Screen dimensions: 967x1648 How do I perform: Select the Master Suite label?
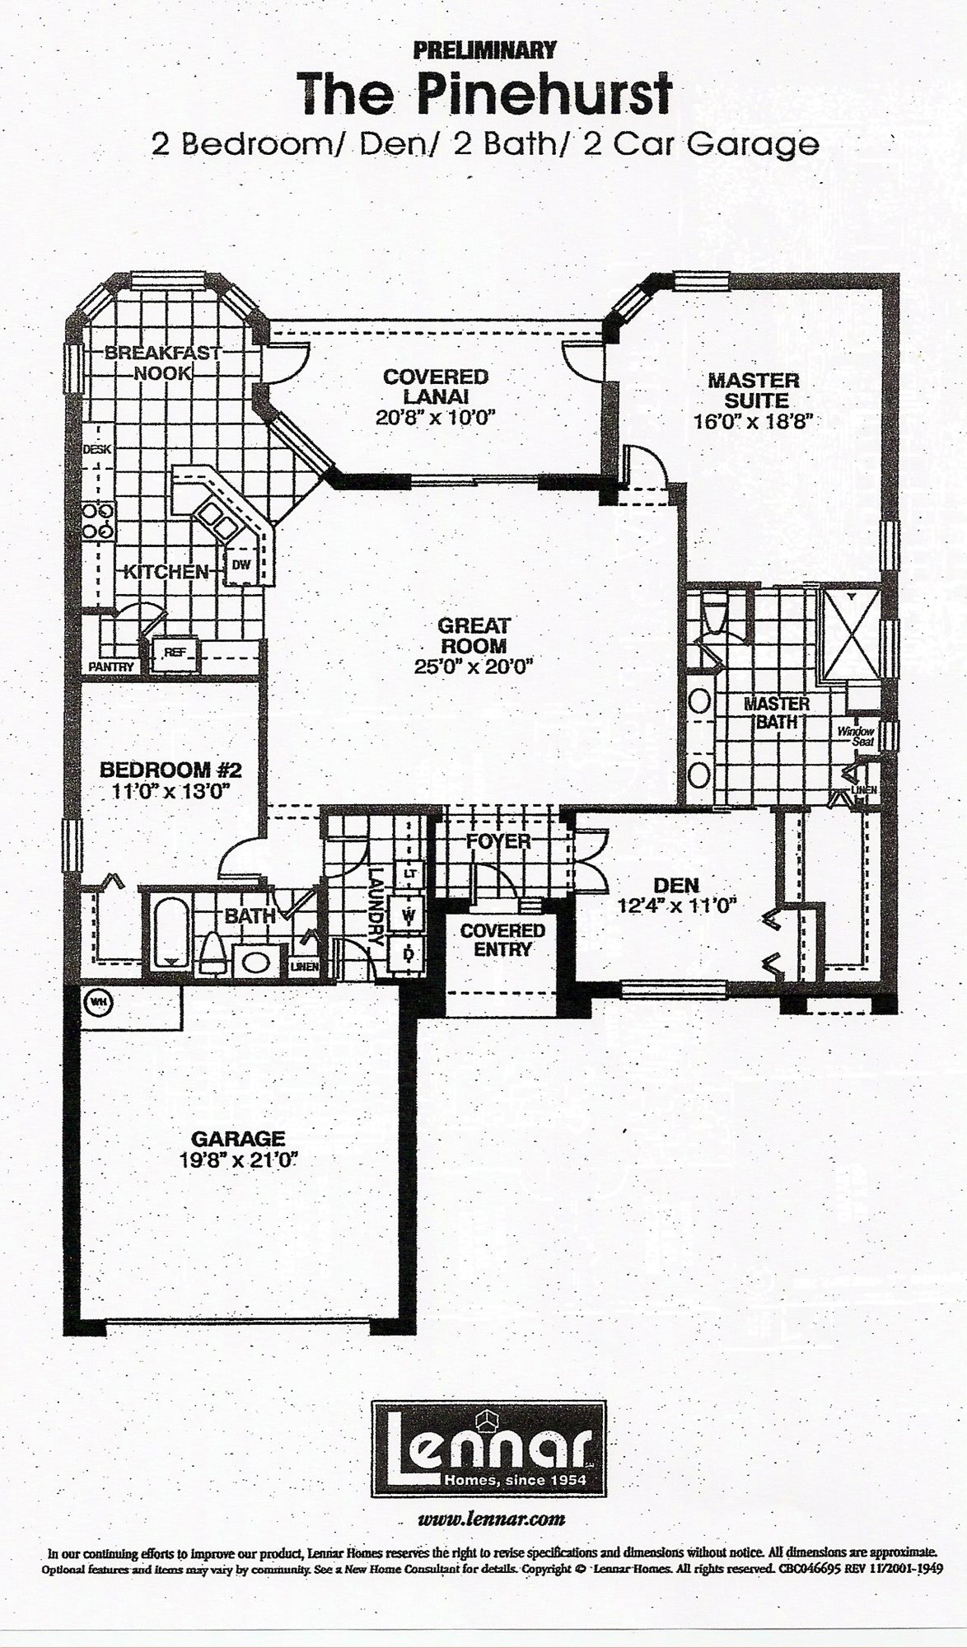(754, 391)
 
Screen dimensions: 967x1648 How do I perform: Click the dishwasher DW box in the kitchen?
(241, 564)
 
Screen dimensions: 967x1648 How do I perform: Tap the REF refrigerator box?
(174, 653)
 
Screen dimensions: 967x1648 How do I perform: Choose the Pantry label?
(112, 667)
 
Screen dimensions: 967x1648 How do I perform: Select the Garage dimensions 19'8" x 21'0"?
(238, 1159)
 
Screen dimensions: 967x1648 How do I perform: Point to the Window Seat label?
(856, 735)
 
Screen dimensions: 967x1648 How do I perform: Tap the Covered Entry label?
(502, 939)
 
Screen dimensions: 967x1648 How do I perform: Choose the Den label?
(676, 885)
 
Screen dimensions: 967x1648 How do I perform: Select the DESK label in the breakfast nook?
(97, 450)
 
